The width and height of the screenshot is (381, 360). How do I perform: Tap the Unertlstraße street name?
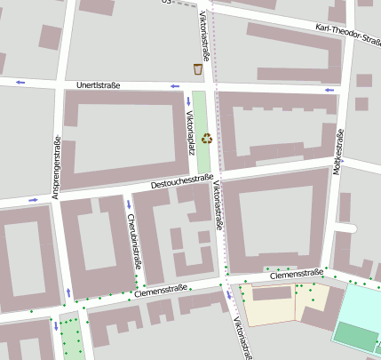[98, 85]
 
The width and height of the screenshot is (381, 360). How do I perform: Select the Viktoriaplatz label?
[190, 132]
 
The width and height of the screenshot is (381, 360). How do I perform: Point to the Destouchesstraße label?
[181, 183]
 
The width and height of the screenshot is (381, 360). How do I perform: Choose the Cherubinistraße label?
[133, 241]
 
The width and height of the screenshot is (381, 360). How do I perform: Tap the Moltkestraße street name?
[338, 152]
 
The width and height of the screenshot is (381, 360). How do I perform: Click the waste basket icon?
[198, 69]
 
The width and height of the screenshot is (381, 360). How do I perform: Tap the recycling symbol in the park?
[207, 138]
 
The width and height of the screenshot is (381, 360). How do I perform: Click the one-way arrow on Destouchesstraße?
[33, 200]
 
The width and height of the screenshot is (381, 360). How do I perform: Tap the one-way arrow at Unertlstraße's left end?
[20, 83]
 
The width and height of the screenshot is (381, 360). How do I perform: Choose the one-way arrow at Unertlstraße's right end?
[329, 90]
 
